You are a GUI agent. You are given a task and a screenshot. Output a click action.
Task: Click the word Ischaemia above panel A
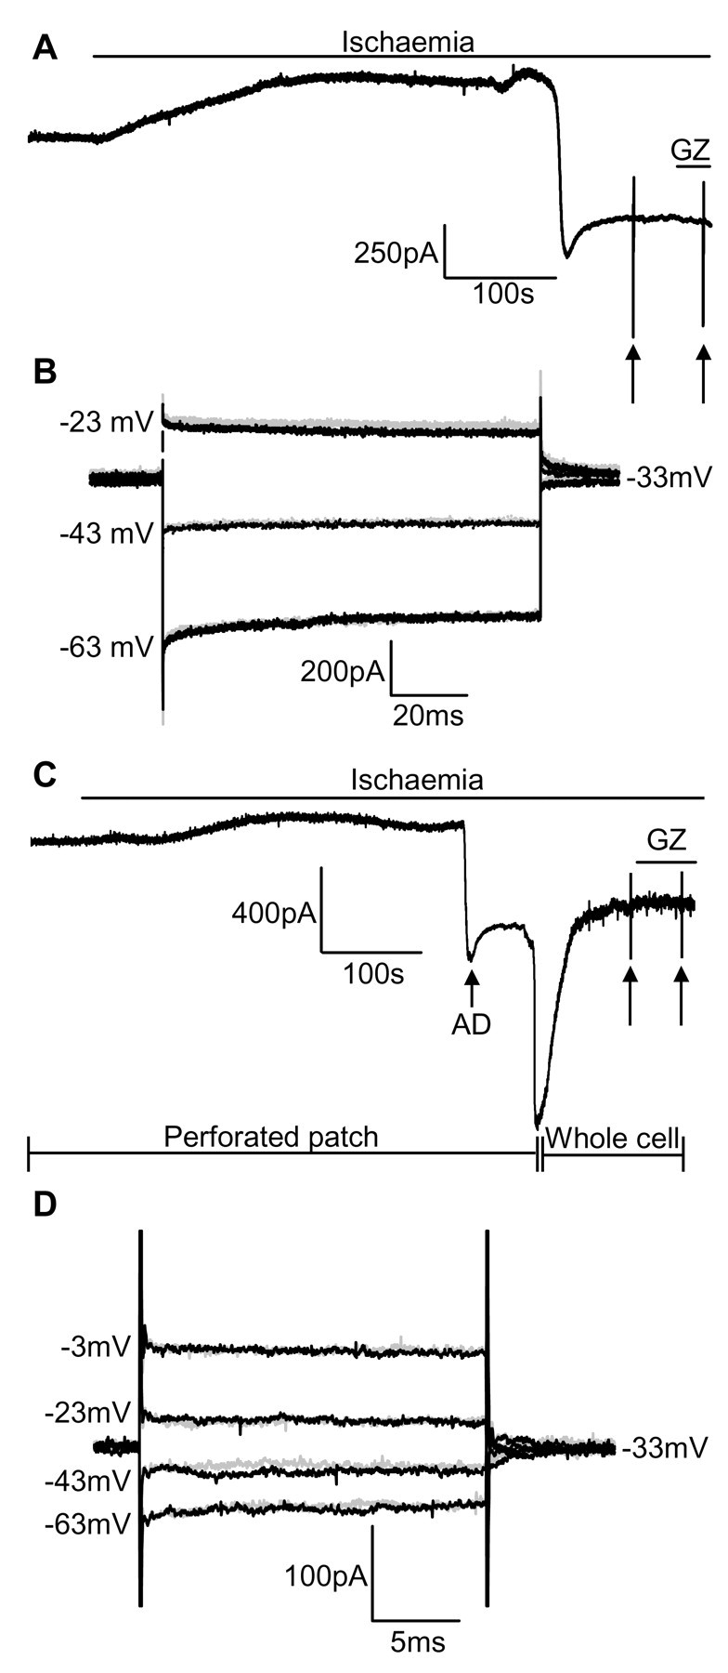pos(408,42)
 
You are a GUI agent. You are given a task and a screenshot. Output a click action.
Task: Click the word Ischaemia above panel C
pos(416,779)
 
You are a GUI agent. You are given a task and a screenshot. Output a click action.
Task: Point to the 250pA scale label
pos(396,252)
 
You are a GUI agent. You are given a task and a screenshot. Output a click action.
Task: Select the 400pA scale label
pos(274,913)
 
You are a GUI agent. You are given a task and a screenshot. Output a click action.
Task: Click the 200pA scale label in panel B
pos(342,671)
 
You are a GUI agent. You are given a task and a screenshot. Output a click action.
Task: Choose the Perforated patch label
pos(271,1136)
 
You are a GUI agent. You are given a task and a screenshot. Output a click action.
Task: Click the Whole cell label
pos(612,1137)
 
